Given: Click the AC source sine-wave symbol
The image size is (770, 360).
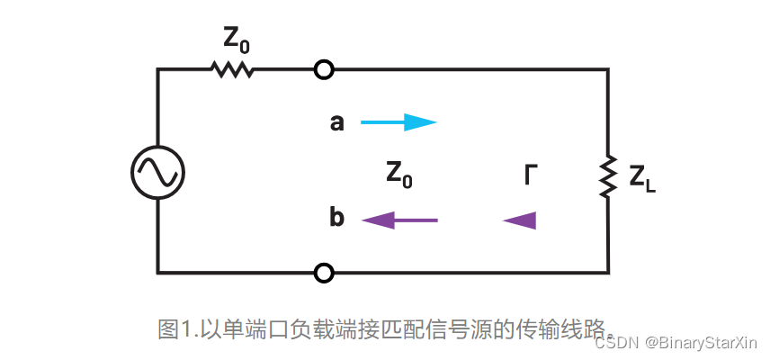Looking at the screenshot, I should pyautogui.click(x=158, y=170).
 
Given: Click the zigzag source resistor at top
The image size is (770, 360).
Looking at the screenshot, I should pyautogui.click(x=231, y=69).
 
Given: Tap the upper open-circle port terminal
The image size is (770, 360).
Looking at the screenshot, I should pyautogui.click(x=324, y=69).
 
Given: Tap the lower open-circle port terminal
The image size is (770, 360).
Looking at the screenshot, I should pyautogui.click(x=324, y=272).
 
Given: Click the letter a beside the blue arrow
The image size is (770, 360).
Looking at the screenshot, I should pyautogui.click(x=337, y=122).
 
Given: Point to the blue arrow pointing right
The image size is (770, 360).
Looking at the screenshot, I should pyautogui.click(x=398, y=122).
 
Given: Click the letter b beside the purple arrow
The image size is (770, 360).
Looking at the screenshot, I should pyautogui.click(x=337, y=219).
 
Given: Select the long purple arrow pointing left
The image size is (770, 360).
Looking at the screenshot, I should pyautogui.click(x=398, y=220).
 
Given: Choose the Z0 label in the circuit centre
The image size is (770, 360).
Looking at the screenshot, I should pyautogui.click(x=399, y=174).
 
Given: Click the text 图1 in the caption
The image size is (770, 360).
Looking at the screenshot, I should pyautogui.click(x=176, y=328).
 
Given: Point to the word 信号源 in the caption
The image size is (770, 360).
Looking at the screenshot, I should pyautogui.click(x=462, y=328).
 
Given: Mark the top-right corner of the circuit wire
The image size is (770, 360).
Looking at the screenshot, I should pyautogui.click(x=608, y=69).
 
